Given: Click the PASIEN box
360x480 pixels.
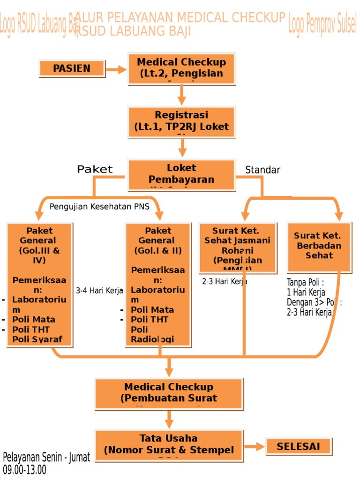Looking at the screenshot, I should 72,68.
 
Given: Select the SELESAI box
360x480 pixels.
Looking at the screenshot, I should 298,446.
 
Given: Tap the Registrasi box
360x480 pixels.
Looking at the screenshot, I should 181,122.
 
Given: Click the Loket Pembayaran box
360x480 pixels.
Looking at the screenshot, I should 181,175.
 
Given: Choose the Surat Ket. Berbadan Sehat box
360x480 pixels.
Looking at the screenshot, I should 319,247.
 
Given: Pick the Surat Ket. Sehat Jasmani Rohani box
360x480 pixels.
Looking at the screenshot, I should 237,247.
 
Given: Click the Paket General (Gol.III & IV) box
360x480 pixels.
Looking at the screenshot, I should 39,285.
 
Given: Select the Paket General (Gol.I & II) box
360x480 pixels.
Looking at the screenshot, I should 158,285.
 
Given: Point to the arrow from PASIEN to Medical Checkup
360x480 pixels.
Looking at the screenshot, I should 116,70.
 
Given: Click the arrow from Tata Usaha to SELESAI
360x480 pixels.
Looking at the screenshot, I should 255,447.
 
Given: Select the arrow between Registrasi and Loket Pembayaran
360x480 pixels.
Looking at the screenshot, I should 182,148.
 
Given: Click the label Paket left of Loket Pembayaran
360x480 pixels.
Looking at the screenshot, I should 95,169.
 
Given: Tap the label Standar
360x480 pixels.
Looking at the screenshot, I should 262,170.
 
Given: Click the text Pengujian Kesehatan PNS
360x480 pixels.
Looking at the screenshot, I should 99,206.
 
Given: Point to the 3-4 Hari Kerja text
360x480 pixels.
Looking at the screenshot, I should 99,291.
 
